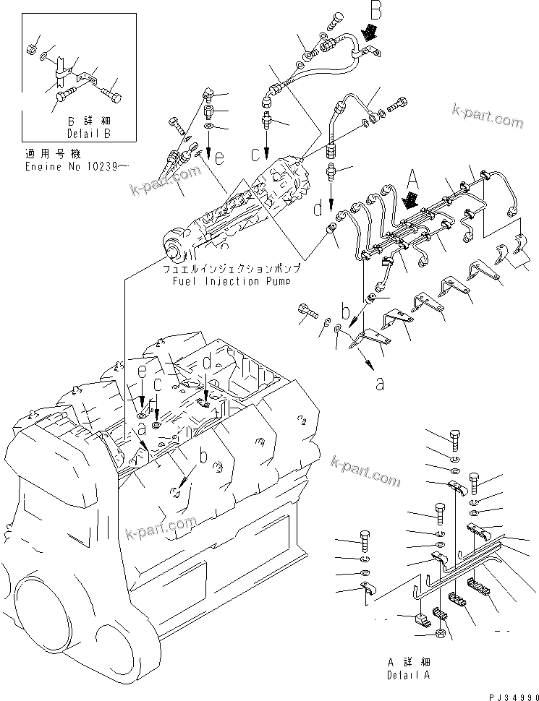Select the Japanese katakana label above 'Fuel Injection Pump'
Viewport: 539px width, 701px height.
231,268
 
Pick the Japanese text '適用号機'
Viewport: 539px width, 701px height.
44,155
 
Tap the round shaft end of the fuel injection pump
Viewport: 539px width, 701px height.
174,251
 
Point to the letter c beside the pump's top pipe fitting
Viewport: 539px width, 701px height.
256,154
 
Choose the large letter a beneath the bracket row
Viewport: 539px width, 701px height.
380,384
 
